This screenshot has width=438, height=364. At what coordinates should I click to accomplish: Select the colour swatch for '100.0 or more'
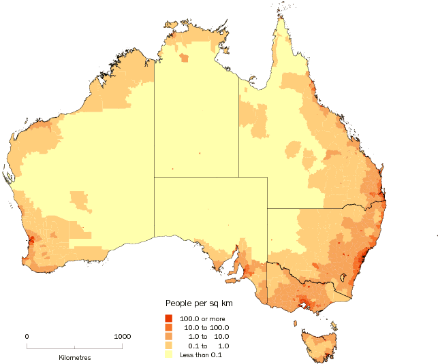pyautogui.click(x=169, y=318)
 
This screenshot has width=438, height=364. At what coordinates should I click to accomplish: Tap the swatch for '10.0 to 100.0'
pyautogui.click(x=169, y=327)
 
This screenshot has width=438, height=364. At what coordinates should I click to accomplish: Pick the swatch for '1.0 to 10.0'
pyautogui.click(x=169, y=336)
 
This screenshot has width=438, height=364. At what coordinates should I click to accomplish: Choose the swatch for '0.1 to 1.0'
pyautogui.click(x=169, y=345)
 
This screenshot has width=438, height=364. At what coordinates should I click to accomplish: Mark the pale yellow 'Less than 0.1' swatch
pyautogui.click(x=169, y=354)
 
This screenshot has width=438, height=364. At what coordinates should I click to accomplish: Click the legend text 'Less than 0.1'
pyautogui.click(x=201, y=354)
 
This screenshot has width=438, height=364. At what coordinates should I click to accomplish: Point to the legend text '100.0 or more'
pyautogui.click(x=202, y=318)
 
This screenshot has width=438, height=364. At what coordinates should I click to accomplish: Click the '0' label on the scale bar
pyautogui.click(x=27, y=336)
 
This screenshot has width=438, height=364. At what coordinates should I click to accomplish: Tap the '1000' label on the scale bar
pyautogui.click(x=122, y=336)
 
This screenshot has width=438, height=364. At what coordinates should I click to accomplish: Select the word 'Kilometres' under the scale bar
pyautogui.click(x=74, y=357)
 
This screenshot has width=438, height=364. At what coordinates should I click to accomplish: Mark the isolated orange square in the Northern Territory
pyautogui.click(x=185, y=58)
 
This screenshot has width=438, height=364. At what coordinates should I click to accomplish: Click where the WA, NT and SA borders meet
pyautogui.click(x=154, y=176)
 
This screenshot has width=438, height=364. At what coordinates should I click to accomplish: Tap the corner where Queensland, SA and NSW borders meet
pyautogui.click(x=267, y=208)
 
